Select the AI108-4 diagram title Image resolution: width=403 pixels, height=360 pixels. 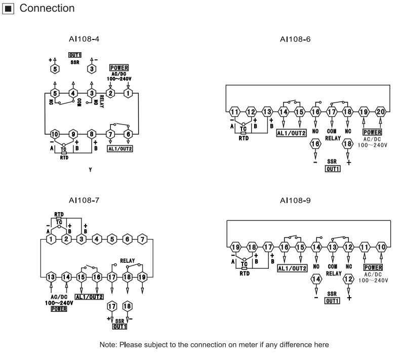[84, 38]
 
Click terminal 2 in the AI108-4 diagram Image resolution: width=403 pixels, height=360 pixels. [111, 93]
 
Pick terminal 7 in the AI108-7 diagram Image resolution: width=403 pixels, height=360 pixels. [142, 238]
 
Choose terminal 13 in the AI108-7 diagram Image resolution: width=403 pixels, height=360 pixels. [51, 277]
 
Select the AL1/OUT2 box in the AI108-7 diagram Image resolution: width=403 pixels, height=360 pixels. [89, 296]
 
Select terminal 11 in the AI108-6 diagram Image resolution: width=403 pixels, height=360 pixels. [234, 111]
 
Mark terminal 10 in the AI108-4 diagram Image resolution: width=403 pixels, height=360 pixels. [55, 134]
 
